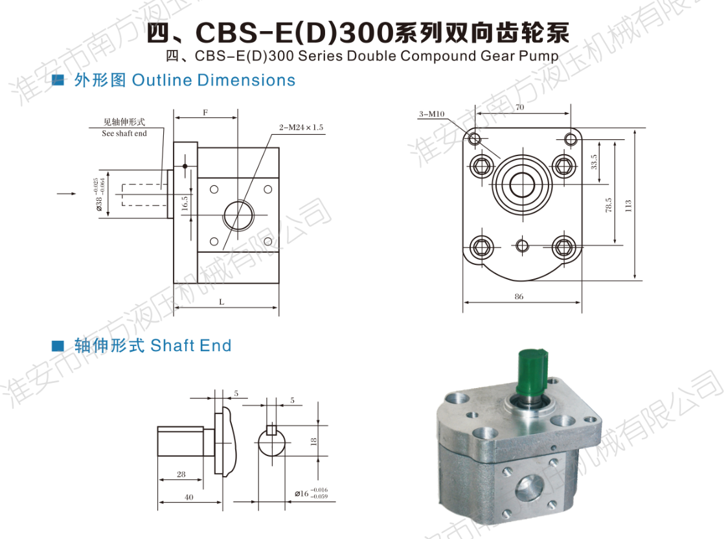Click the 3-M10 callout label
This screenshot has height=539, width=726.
click(431, 114)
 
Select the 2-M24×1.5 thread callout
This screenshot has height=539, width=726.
click(301, 128)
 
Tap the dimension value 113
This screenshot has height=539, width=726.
click(628, 205)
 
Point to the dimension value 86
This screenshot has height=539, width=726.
click(519, 296)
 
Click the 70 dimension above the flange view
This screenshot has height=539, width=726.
click(520, 107)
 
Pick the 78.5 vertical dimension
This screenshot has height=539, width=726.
click(608, 205)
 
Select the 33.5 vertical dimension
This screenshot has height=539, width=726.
click(594, 161)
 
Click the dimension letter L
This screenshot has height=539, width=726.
click(221, 302)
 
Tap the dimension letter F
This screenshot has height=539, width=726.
click(205, 113)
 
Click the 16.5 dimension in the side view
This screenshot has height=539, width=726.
click(185, 203)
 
